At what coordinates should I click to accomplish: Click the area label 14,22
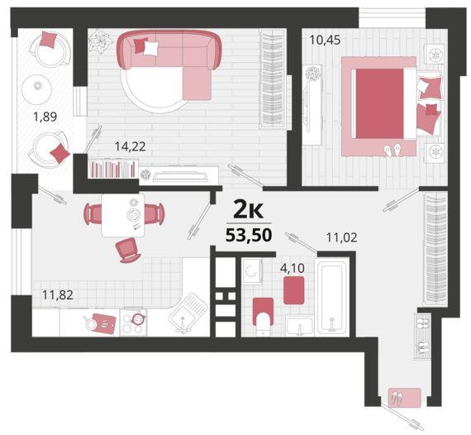tap(131, 146)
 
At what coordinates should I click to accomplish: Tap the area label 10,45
tap(325, 40)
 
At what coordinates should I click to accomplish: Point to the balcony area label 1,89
tap(45, 117)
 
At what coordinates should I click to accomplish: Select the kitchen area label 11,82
tap(58, 295)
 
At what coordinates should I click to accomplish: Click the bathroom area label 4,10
tap(293, 268)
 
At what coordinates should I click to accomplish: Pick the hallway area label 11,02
tap(342, 237)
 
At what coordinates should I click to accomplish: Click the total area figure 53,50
tap(249, 235)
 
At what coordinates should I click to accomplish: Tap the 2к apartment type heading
tap(249, 210)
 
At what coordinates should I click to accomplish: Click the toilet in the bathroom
tap(263, 316)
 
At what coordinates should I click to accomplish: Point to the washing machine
tap(252, 271)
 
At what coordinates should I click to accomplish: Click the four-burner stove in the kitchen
tap(133, 323)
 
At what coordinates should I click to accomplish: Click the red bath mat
tap(294, 290)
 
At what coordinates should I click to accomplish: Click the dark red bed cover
tap(379, 103)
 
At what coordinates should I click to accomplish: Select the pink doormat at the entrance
tap(405, 398)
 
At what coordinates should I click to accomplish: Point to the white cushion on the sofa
tap(150, 49)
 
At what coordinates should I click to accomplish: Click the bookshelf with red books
tap(112, 169)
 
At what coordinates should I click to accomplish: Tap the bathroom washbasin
tap(299, 325)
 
